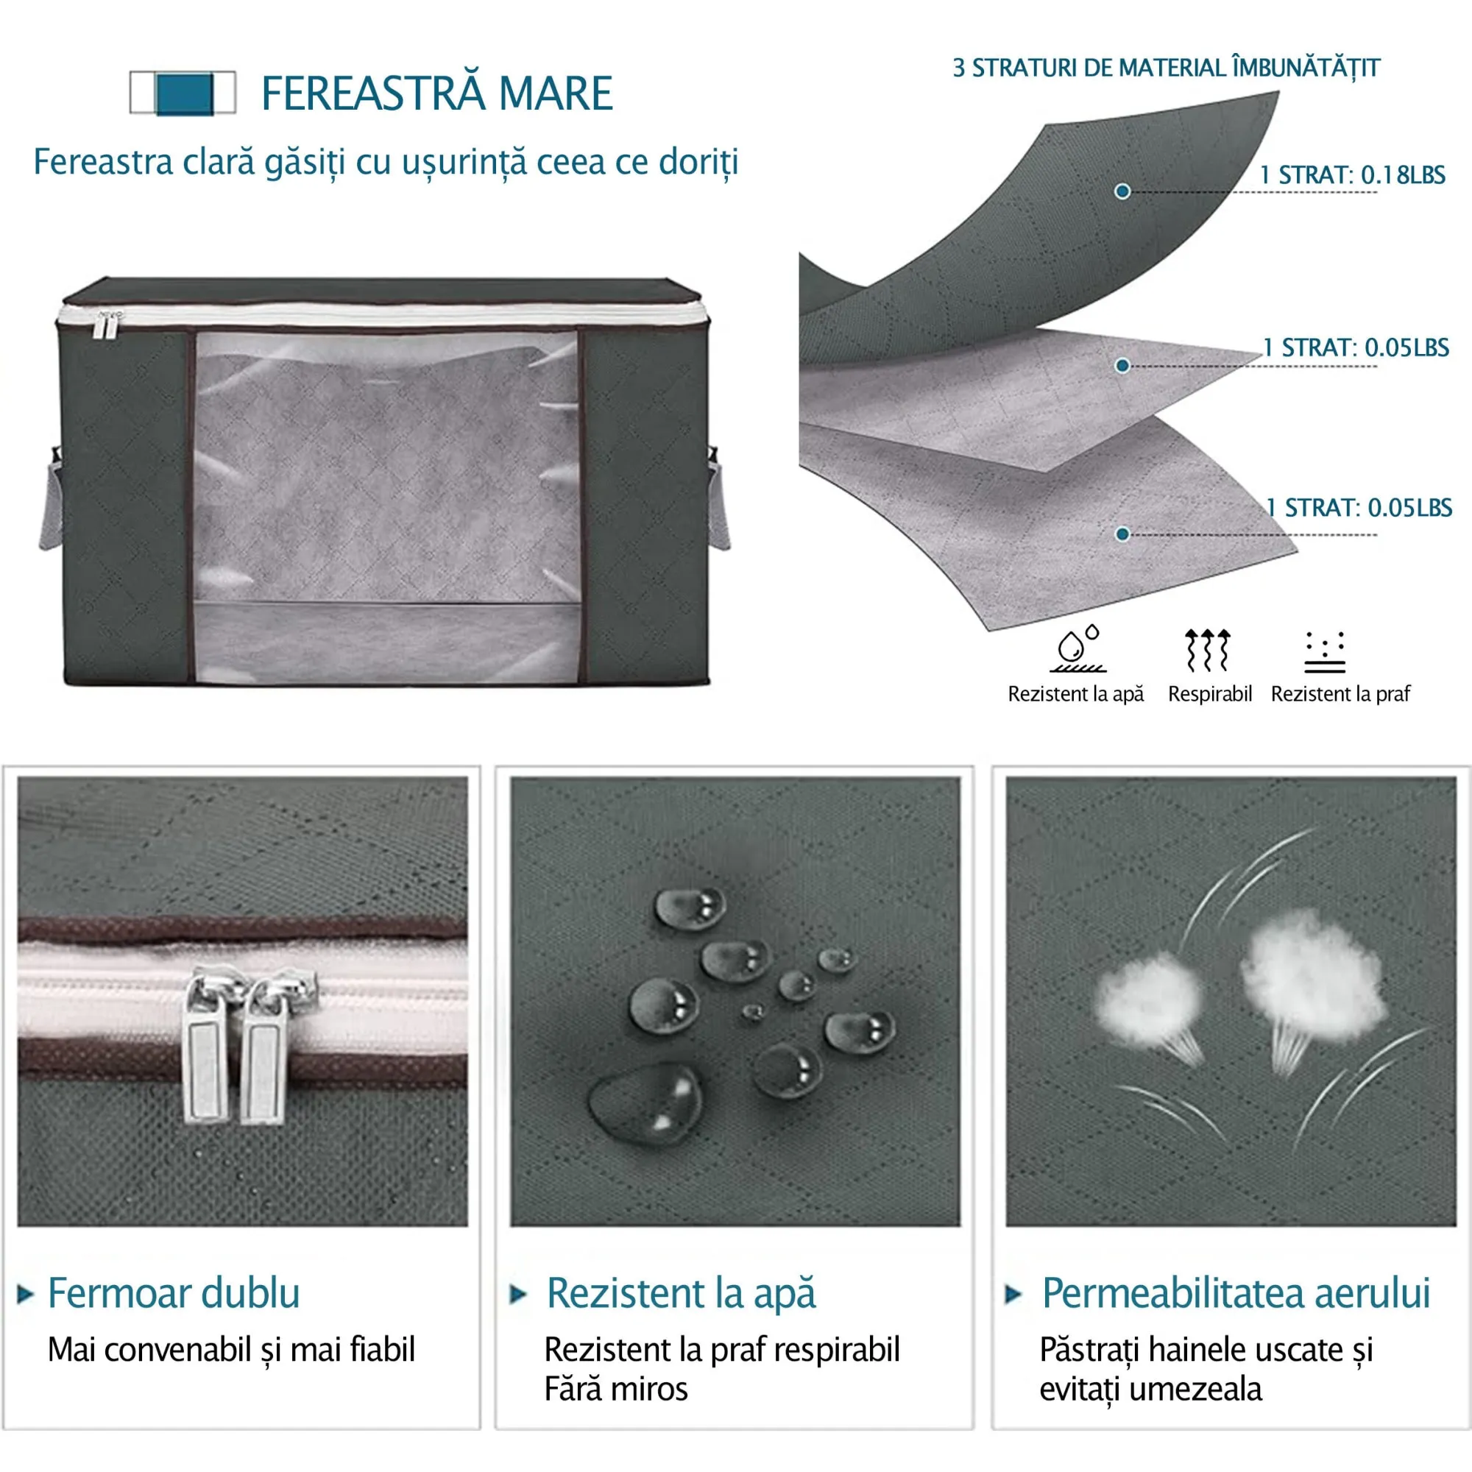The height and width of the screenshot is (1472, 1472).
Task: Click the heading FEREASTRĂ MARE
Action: pyautogui.click(x=436, y=93)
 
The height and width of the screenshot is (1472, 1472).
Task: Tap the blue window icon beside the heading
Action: pyautogui.click(x=183, y=93)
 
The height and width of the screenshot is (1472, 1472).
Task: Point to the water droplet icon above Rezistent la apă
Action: pyautogui.click(x=1078, y=648)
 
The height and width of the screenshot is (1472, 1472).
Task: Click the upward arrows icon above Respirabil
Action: pyautogui.click(x=1208, y=650)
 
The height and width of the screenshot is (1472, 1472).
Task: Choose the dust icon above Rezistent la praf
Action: pyautogui.click(x=1325, y=652)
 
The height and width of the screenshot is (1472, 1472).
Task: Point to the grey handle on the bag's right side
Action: pyautogui.click(x=719, y=499)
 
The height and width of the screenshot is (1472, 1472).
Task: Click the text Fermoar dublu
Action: pyautogui.click(x=174, y=1293)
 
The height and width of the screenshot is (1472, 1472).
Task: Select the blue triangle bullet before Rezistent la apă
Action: pyautogui.click(x=518, y=1294)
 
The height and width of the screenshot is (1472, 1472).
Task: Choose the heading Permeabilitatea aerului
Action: pyautogui.click(x=1236, y=1293)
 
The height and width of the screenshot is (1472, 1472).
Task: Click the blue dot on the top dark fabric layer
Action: pyautogui.click(x=1122, y=191)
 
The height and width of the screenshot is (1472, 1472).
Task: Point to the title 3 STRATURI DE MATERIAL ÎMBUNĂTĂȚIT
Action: pyautogui.click(x=1167, y=68)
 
